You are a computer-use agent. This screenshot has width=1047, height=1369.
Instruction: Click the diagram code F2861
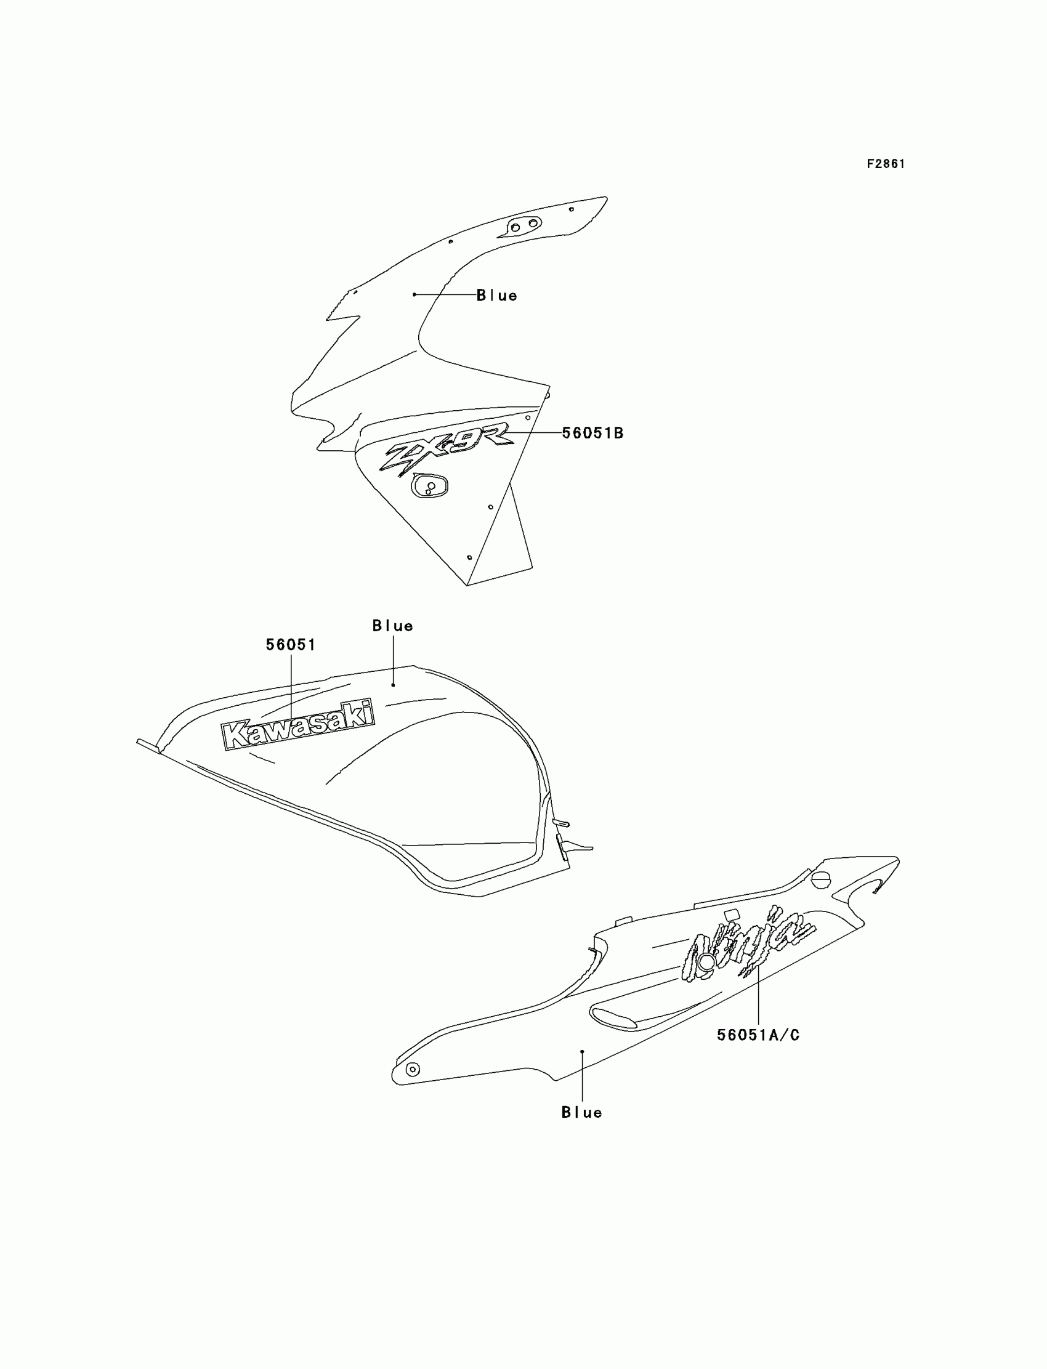tap(886, 164)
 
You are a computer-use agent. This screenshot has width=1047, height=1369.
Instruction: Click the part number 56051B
tap(592, 433)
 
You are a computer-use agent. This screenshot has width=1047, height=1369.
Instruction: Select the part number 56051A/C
tap(758, 1035)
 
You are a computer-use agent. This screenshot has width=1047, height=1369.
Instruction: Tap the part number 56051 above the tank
tap(291, 645)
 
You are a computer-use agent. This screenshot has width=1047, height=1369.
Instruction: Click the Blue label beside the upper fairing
tap(496, 296)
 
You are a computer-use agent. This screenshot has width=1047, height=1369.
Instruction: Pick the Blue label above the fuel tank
tap(393, 626)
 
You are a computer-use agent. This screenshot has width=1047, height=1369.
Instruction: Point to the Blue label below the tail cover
tap(581, 1112)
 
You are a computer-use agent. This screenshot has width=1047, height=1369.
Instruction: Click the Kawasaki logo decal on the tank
tap(299, 724)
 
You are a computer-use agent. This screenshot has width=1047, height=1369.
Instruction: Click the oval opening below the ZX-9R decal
tap(429, 485)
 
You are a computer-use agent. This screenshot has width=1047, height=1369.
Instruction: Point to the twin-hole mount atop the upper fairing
tap(523, 225)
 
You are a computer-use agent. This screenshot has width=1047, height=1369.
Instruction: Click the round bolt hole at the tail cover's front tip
tap(412, 1069)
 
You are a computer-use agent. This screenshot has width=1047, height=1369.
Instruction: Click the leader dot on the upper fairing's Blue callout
tap(414, 294)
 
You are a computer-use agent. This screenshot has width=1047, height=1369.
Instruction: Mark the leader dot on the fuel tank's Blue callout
tap(394, 685)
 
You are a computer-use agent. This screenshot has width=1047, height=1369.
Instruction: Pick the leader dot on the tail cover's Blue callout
tap(582, 1051)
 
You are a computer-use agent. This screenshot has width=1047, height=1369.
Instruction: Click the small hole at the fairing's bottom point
tap(469, 557)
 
